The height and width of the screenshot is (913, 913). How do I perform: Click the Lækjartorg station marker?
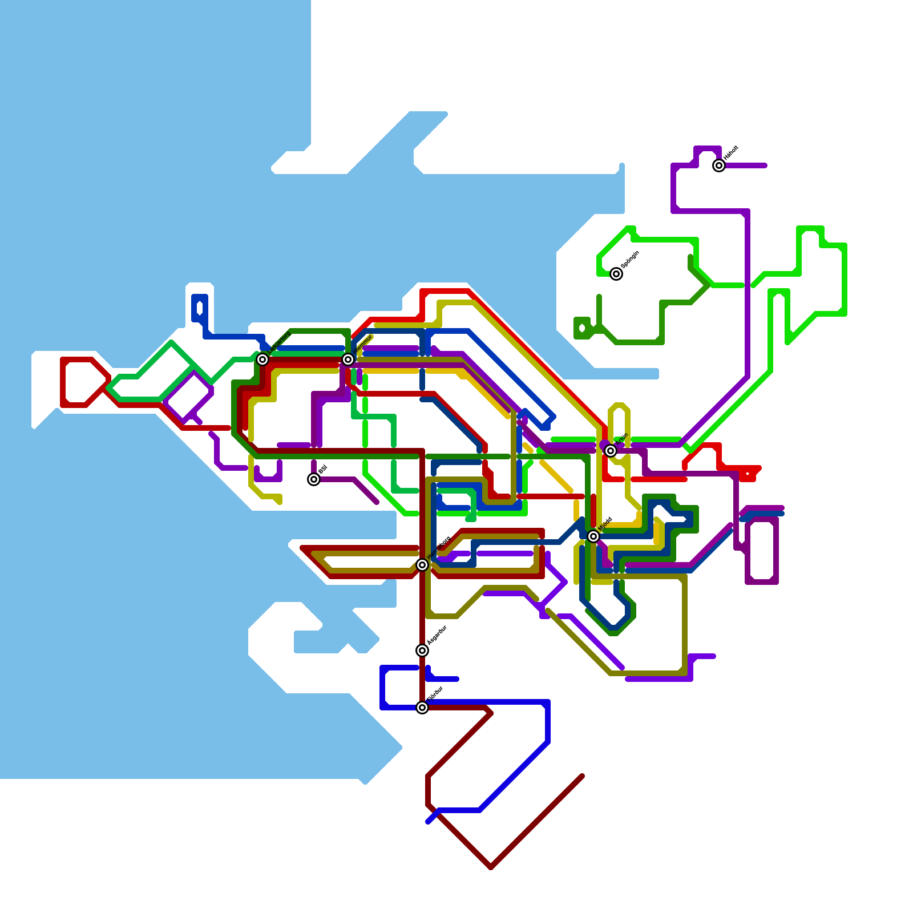coord(262,359)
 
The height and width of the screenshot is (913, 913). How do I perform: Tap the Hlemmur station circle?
coord(348,359)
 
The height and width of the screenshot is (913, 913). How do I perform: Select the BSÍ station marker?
coord(314,479)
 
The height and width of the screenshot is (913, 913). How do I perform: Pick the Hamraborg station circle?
coord(422,565)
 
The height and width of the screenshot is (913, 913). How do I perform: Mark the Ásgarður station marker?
coord(422,651)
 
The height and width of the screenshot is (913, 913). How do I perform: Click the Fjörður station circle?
coord(422,708)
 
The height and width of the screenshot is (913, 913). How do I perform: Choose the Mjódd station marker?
coord(593,536)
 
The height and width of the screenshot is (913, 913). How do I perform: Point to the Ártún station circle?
coord(611,451)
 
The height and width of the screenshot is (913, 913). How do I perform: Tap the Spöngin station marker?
coord(616,274)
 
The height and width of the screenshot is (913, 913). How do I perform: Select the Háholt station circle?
coord(719,165)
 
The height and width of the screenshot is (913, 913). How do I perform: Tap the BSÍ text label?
coord(322,470)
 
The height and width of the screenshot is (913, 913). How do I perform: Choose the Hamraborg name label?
coord(439,548)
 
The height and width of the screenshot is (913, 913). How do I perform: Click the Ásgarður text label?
coord(437,635)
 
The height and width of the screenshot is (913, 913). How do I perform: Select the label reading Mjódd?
coord(605,524)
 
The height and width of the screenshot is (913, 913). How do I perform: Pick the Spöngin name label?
coord(630,260)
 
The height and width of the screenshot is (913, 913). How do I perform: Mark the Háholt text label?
coord(731,153)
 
